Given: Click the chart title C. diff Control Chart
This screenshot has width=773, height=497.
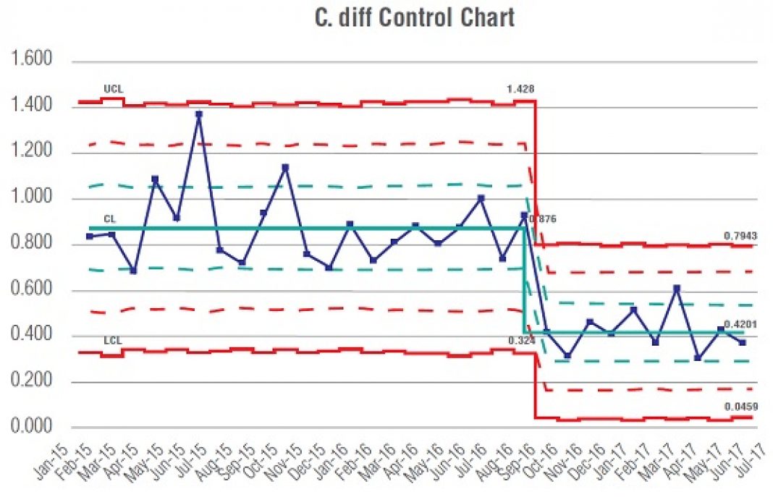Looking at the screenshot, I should tap(414, 17).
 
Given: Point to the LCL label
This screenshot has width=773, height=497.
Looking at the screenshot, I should tap(111, 340).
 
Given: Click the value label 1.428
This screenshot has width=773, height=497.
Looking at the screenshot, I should tap(520, 90).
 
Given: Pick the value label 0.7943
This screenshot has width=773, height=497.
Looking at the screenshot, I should tap(740, 236).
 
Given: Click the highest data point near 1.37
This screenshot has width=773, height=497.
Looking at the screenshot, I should tap(198, 114).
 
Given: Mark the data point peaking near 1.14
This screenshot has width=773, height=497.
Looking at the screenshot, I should tap(285, 168).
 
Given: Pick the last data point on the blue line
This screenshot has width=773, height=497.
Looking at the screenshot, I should tap(742, 342).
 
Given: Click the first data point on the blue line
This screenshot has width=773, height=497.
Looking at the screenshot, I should tap(89, 237).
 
